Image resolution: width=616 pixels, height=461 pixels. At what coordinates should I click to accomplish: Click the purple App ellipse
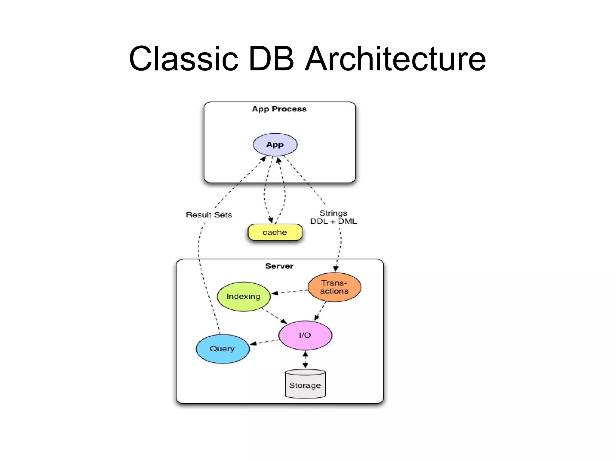pos(275,144)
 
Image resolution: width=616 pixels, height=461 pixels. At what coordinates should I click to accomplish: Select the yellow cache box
pos(275,232)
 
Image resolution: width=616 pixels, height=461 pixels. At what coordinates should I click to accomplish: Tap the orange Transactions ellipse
pos(334,287)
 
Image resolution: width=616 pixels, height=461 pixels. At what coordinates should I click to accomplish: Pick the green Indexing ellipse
pos(243,296)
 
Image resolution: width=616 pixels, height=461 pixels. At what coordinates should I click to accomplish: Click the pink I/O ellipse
pos(305,335)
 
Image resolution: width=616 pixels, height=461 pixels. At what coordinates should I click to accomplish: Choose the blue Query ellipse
pos(222,349)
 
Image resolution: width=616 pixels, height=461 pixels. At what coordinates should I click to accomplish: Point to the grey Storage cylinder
pos(305,385)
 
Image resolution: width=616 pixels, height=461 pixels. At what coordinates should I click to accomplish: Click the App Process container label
pos(279,109)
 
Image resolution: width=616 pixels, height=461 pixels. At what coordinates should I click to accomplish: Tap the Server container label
pos(279,266)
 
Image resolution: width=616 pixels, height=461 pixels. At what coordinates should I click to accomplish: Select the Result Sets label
pos(209,215)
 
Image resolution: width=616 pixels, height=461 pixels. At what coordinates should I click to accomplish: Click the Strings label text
pos(333,213)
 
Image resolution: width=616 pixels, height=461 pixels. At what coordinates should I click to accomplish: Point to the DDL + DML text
pos(333,221)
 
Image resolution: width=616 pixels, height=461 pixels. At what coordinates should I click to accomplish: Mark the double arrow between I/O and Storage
pos(305,360)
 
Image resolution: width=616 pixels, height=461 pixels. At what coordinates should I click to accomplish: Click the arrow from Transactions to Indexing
pos(289,292)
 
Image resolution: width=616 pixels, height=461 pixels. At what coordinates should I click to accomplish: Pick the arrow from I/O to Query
pos(264,342)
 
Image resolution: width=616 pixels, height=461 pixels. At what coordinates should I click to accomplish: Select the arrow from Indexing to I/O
pos(274,316)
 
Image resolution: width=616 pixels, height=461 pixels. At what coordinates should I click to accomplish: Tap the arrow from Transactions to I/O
pos(320,311)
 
